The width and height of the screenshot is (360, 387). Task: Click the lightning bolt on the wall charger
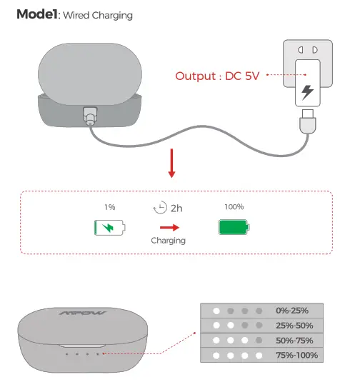(307, 91)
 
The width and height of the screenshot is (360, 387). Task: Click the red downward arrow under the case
(171, 164)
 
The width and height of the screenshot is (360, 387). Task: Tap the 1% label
(109, 207)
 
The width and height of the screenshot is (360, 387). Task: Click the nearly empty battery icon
(109, 228)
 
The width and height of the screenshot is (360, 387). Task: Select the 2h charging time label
(176, 208)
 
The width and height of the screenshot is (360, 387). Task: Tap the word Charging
(168, 241)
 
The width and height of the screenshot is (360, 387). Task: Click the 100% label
(234, 207)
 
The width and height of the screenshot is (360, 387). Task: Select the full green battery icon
(234, 228)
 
